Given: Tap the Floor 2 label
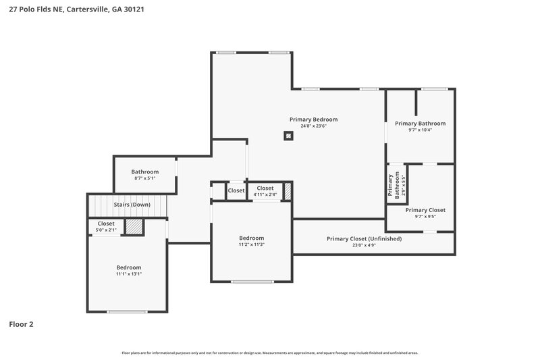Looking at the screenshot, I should point(21,324).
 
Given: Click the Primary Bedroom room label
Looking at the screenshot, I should point(313,120).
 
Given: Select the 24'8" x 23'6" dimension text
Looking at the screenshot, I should point(313,126).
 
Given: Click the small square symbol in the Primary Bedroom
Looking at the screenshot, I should point(288,136).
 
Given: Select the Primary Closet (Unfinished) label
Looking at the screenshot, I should point(364,238).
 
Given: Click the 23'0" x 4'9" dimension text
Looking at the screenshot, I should point(364,245).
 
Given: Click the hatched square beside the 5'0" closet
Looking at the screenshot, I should point(135,226).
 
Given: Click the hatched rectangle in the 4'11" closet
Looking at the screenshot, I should point(287,191).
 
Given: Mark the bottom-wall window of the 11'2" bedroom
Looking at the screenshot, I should point(252,282).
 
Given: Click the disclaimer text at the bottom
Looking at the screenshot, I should point(269,353).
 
